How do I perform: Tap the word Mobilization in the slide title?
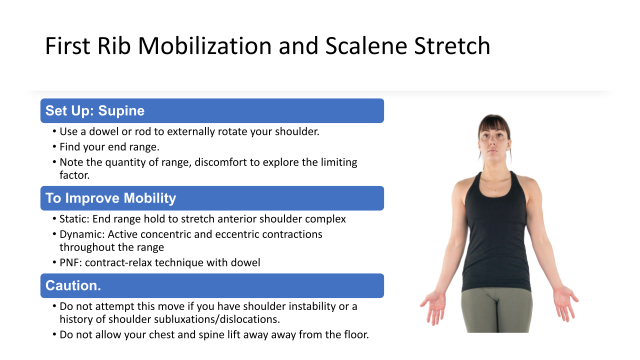(205, 45)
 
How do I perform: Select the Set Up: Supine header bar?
(212, 111)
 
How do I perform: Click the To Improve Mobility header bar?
(212, 198)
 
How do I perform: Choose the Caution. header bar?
(212, 285)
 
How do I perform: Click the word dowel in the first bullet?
(103, 131)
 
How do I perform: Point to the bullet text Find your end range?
(109, 147)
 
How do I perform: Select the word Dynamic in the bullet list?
(82, 234)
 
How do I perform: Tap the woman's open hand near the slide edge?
(565, 303)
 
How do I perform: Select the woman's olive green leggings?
(497, 310)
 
